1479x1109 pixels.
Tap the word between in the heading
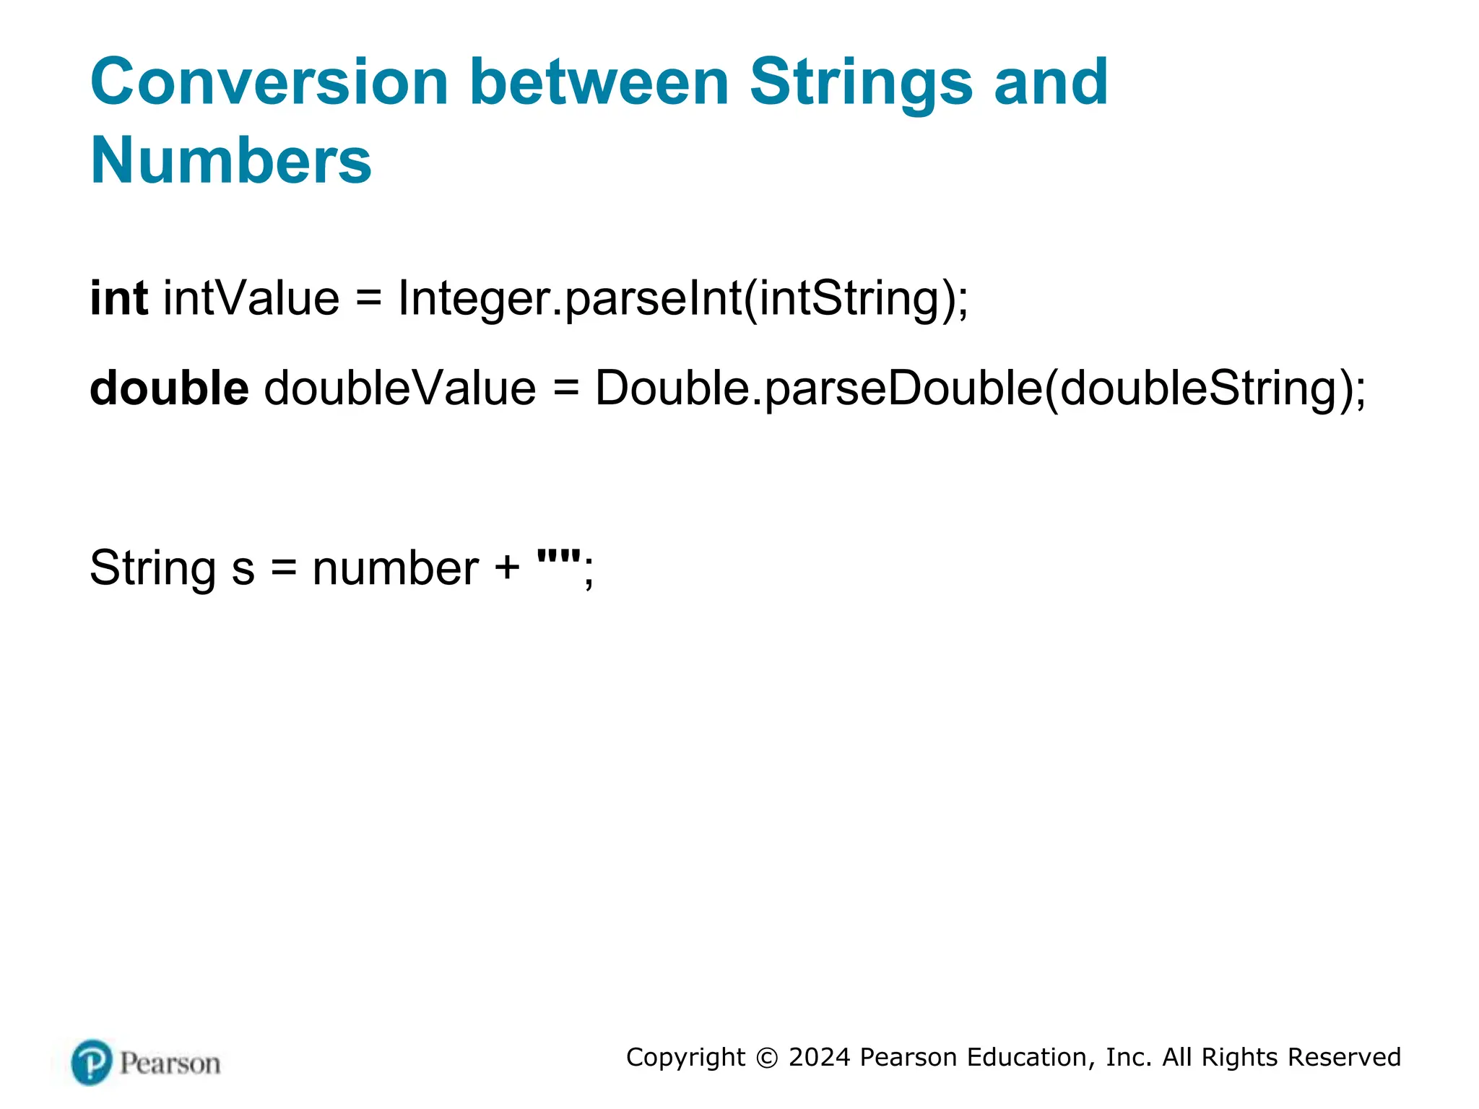(599, 82)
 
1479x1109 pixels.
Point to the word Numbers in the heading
(230, 160)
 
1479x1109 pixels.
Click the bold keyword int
(118, 297)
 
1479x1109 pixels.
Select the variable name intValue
(251, 297)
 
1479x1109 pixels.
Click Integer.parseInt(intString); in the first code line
(682, 299)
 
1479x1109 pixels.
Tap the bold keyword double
(169, 388)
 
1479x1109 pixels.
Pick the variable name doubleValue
(400, 388)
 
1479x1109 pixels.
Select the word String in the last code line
(152, 568)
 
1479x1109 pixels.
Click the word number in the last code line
(395, 568)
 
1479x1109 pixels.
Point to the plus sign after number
(507, 568)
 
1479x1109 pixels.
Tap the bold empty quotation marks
(559, 557)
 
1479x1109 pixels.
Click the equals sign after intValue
(368, 299)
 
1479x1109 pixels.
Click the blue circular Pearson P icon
(92, 1062)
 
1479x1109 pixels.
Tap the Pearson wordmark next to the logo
(170, 1064)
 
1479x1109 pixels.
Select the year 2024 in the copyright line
(819, 1057)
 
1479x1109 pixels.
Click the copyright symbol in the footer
(767, 1058)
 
